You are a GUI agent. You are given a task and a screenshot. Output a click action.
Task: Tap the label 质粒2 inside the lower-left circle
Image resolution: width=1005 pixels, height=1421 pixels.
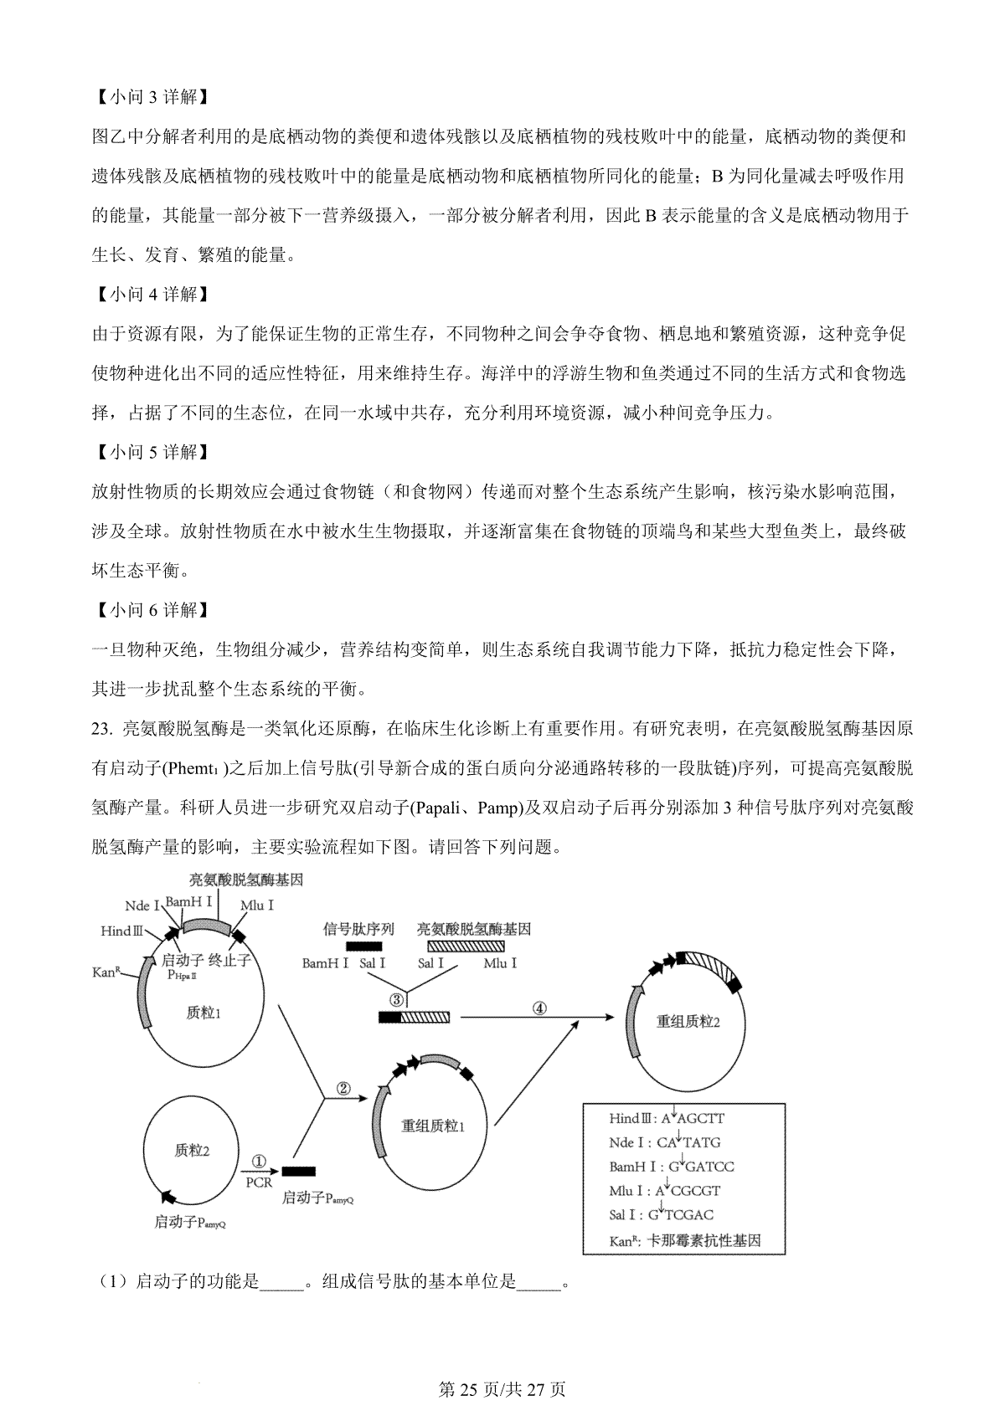pos(192,1152)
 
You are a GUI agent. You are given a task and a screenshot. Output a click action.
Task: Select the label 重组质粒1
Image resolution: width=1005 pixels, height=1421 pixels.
pos(432,1126)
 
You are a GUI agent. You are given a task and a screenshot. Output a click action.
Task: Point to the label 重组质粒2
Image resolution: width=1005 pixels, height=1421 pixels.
pos(688,1022)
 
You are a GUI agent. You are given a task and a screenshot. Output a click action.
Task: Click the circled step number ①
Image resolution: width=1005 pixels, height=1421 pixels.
pos(259,1162)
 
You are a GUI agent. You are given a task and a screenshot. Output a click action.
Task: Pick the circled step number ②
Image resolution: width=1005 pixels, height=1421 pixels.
pos(343,1089)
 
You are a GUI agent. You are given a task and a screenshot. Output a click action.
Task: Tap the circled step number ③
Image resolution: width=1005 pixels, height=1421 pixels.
pos(397,1000)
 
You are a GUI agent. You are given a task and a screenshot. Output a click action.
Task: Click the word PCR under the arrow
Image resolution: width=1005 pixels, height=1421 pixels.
pos(259,1182)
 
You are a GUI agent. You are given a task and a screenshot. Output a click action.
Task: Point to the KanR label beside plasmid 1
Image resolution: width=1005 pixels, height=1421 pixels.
pos(108,972)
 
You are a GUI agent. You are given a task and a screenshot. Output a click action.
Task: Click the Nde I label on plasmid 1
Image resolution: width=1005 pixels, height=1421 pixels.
pos(142,906)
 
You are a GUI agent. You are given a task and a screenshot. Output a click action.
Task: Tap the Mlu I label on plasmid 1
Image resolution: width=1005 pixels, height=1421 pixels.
pos(257,905)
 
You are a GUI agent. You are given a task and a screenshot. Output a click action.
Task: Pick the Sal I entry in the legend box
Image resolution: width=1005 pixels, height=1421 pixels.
pos(662,1215)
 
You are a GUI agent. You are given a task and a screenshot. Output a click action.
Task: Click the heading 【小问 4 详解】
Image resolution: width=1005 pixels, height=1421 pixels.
pos(147,295)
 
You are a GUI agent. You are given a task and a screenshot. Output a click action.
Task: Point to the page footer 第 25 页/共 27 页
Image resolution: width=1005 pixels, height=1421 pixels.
pos(502,1390)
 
